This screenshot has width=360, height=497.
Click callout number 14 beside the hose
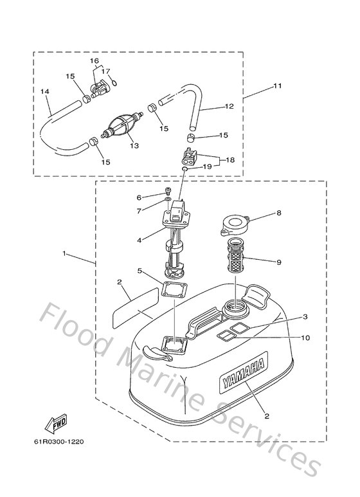point(45,92)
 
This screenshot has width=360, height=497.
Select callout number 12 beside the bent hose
point(229,107)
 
